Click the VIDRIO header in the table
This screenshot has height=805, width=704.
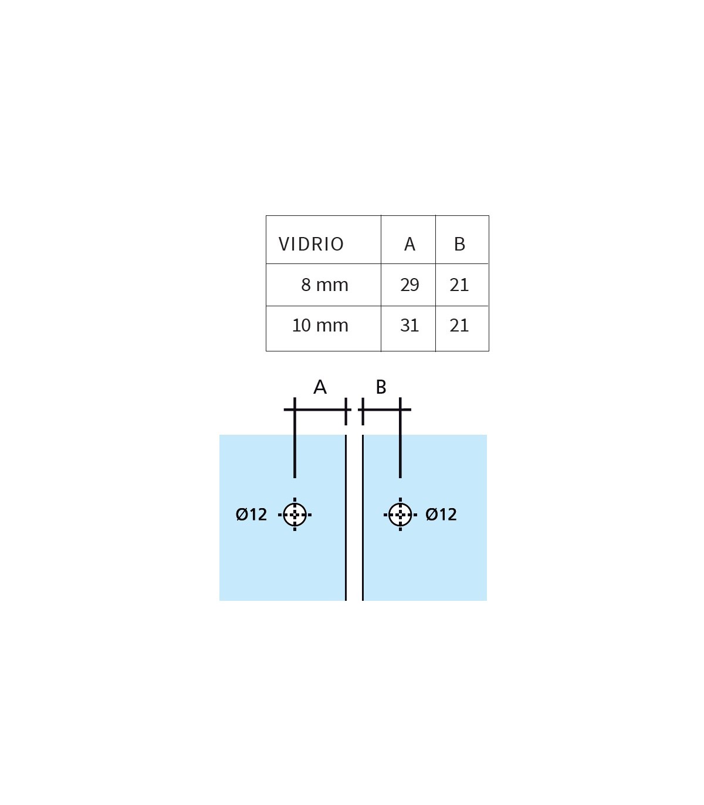pos(311,244)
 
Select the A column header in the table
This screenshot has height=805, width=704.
pos(410,244)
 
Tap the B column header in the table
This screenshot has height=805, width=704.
pos(460,244)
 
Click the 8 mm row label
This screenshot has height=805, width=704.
pos(325,285)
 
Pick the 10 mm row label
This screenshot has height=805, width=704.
pos(320,325)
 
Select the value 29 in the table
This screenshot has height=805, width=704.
pos(410,285)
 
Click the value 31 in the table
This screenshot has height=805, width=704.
pos(409,325)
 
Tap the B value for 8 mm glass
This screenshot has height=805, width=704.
pos(459,285)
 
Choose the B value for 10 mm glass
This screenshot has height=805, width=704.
pos(459,325)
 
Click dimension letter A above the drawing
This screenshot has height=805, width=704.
pos(320,387)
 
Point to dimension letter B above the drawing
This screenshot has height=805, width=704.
pos(381,387)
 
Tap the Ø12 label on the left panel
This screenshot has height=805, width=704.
pos(251,514)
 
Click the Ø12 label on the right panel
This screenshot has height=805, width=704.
pos(441,514)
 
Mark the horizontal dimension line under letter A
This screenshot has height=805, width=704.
pos(317,410)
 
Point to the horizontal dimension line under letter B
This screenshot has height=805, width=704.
pos(385,410)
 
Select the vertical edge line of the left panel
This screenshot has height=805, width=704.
pos(346,517)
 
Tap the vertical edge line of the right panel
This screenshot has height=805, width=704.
pos(363,517)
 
